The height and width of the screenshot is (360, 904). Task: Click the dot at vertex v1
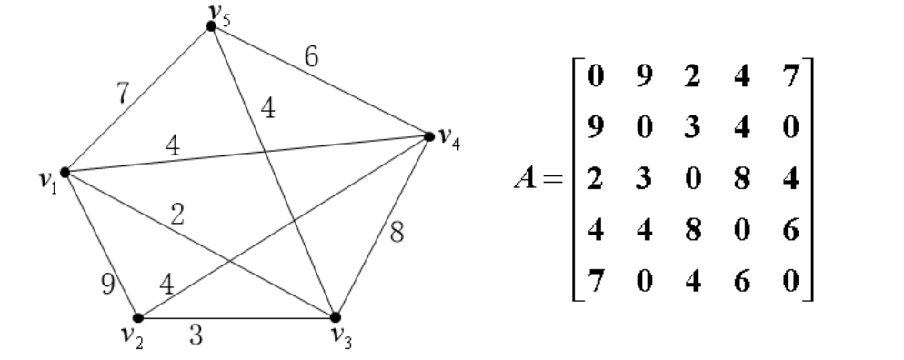pos(65,171)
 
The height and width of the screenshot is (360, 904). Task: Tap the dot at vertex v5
pos(211,26)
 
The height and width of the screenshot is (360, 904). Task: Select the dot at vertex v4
pos(428,136)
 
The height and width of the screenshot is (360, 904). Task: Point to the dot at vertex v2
pos(137,318)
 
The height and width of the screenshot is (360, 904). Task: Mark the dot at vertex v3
pos(335,317)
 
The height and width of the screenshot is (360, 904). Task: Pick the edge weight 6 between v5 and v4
pos(311,57)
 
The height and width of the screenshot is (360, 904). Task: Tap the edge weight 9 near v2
pos(108,283)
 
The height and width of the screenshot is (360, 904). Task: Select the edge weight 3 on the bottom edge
pos(196,332)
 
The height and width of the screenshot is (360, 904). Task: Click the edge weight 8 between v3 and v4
pos(397,231)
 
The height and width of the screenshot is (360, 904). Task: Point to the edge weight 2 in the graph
pos(178,215)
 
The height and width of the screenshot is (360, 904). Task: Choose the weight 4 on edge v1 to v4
pos(172,145)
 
